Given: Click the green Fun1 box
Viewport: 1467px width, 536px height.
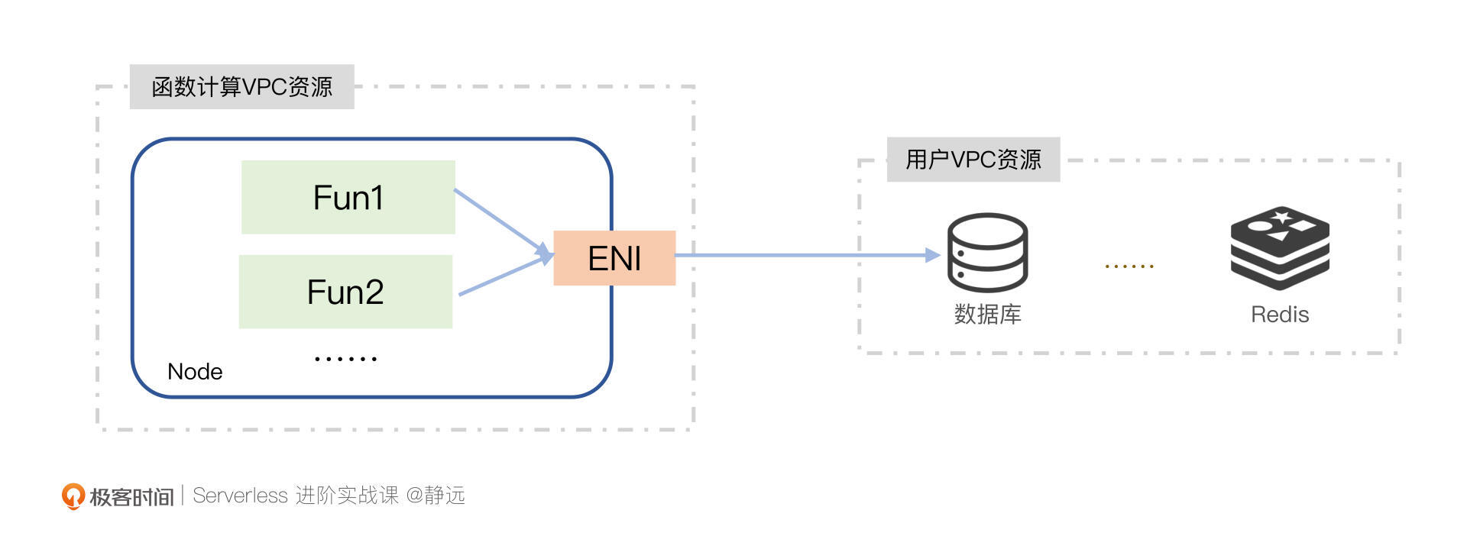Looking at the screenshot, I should (348, 197).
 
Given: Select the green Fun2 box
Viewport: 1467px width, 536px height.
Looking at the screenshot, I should (345, 292).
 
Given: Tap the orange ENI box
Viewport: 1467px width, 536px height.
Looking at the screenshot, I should (614, 258).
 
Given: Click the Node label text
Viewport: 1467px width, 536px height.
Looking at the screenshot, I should (195, 372).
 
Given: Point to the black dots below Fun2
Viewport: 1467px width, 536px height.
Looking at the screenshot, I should (345, 358).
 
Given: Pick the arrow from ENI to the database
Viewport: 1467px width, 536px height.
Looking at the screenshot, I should (802, 255).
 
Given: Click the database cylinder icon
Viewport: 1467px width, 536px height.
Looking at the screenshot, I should (987, 252).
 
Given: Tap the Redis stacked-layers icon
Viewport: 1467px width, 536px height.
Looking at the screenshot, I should (1280, 249).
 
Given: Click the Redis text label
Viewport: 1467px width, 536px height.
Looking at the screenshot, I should (1280, 315).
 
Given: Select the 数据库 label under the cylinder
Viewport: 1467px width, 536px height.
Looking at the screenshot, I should (987, 315).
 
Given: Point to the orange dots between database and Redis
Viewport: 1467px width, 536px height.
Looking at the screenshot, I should (1129, 266).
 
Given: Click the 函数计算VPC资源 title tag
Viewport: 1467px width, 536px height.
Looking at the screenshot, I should (241, 87).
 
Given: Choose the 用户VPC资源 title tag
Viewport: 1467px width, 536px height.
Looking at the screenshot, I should (973, 160).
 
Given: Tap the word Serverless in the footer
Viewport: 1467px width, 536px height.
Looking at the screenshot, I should (240, 496).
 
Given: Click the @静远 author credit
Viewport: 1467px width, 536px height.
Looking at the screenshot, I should (435, 496).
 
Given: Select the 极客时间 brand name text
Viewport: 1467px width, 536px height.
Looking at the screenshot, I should (131, 497).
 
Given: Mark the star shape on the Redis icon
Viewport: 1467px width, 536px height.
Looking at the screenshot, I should (1282, 218).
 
